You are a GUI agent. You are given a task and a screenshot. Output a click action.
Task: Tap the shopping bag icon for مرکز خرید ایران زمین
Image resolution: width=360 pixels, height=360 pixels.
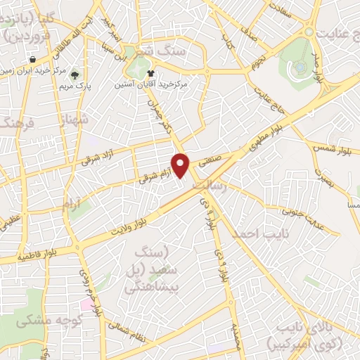32,59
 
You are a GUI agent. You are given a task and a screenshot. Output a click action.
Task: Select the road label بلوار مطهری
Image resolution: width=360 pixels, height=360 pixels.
270,139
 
